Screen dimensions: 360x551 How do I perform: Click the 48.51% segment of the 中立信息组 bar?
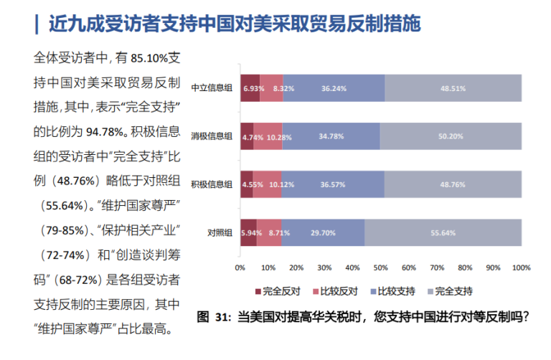point(453,88)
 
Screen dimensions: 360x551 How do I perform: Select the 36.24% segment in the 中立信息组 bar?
point(334,88)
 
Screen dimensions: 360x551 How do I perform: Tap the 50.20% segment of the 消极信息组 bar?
point(451,136)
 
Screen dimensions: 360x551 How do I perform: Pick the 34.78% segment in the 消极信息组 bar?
point(331,136)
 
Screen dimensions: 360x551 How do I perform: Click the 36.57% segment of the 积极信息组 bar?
point(333,184)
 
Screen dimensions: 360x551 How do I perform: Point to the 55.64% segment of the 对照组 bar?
point(443,233)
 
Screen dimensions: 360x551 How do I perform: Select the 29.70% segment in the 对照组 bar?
point(323,233)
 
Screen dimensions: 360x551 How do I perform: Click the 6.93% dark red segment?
point(250,88)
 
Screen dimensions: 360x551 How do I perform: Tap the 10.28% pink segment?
point(268,136)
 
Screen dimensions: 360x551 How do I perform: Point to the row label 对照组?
point(220,233)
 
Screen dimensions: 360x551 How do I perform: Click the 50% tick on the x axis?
point(380,268)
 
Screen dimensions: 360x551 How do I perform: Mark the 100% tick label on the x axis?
point(522,268)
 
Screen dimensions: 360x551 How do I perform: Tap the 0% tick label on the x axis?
point(240,268)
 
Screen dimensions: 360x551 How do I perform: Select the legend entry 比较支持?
point(395,291)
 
